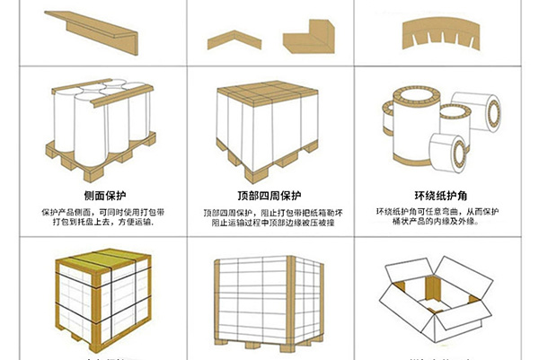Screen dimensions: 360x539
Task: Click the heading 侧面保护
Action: (x=99, y=196)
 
